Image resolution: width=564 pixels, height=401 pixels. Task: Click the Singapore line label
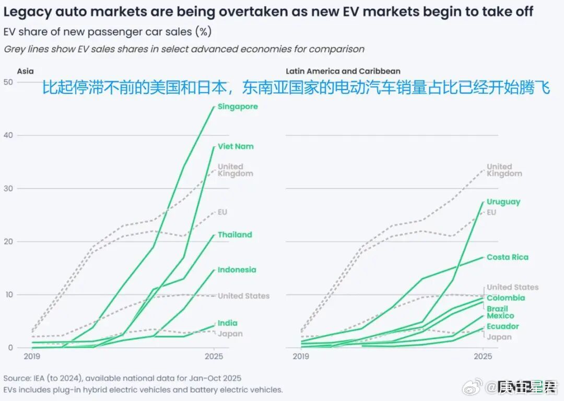(x=238, y=107)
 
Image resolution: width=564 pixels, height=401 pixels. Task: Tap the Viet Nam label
(x=236, y=146)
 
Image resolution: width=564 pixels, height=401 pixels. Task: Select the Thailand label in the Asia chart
(x=234, y=235)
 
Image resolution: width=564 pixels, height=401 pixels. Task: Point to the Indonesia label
(x=237, y=270)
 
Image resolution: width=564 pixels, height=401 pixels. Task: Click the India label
(x=227, y=323)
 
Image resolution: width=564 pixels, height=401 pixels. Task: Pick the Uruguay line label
(x=503, y=202)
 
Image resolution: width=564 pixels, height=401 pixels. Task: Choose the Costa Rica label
(x=507, y=257)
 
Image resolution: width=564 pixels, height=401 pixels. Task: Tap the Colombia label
(x=506, y=298)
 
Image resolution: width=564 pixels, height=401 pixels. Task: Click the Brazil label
(x=497, y=308)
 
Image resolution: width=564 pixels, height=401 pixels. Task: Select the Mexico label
(x=500, y=316)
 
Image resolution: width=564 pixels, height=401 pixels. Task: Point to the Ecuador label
(x=502, y=326)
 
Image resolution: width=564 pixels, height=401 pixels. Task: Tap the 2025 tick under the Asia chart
(x=214, y=357)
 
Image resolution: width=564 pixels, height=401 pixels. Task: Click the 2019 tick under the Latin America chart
(x=300, y=357)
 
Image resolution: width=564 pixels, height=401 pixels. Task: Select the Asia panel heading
(x=25, y=71)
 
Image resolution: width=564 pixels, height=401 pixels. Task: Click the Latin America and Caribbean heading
(x=343, y=71)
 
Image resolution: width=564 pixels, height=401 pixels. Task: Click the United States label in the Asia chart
(x=243, y=296)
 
